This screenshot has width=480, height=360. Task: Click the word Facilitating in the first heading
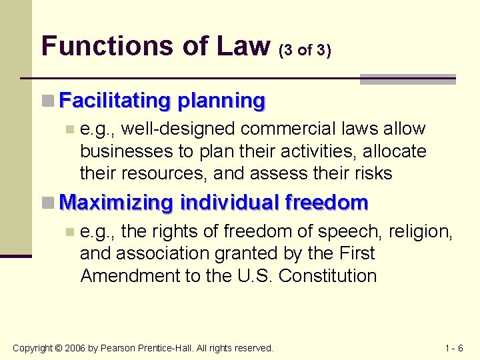pyautogui.click(x=114, y=101)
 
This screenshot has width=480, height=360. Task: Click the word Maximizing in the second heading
pyautogui.click(x=117, y=202)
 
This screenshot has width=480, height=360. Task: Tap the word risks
pyautogui.click(x=370, y=173)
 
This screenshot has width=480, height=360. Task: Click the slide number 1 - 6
pyautogui.click(x=453, y=348)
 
